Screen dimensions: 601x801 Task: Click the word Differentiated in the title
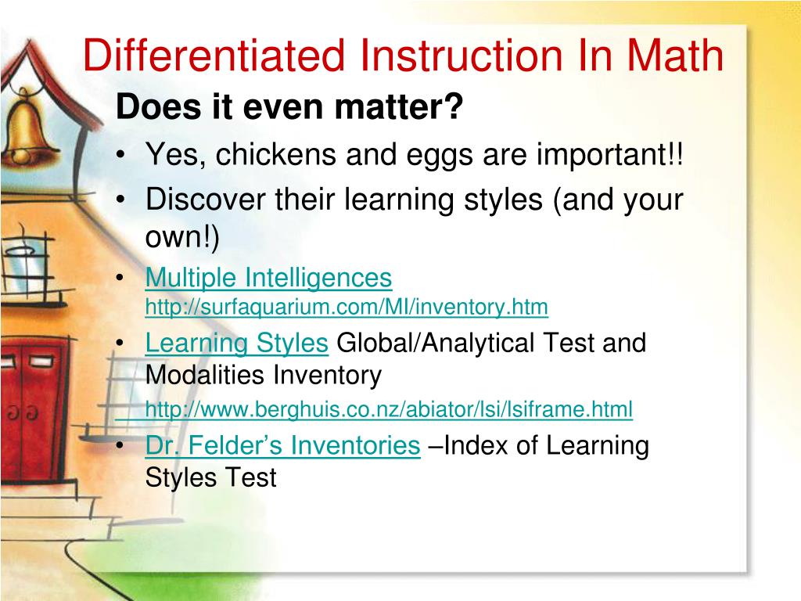[x=214, y=56]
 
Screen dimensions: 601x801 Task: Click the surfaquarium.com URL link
[x=347, y=307]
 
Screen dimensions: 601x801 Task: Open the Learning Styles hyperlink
[x=236, y=343]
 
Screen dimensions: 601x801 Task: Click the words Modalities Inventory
[x=264, y=376]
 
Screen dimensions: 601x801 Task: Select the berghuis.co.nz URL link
[x=389, y=408]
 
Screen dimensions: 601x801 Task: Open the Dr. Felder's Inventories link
[x=282, y=445]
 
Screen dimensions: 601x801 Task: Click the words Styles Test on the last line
[x=211, y=477]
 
